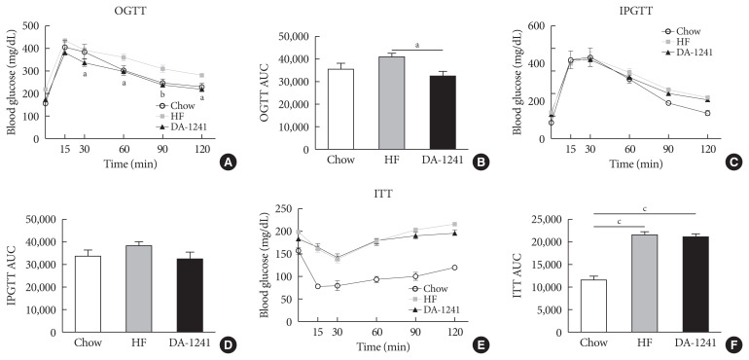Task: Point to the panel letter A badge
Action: click(226, 163)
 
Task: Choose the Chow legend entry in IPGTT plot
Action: click(680, 31)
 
